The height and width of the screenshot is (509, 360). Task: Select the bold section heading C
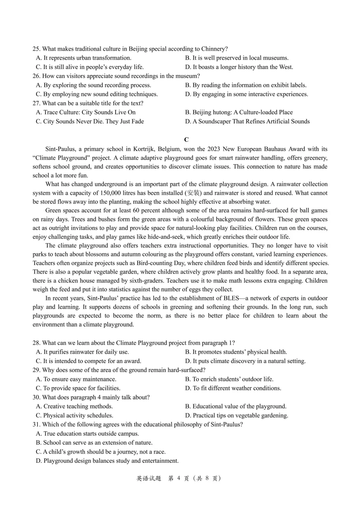pos(186,140)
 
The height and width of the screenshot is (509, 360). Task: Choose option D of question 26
pos(246,94)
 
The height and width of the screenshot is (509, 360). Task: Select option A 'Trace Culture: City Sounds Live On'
pos(86,112)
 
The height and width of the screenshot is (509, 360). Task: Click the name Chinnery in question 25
pos(214,49)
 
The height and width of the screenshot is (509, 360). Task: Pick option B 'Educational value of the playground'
pos(236,406)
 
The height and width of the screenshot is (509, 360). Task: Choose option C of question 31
pos(101,452)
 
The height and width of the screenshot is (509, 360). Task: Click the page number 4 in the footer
pos(179,478)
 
